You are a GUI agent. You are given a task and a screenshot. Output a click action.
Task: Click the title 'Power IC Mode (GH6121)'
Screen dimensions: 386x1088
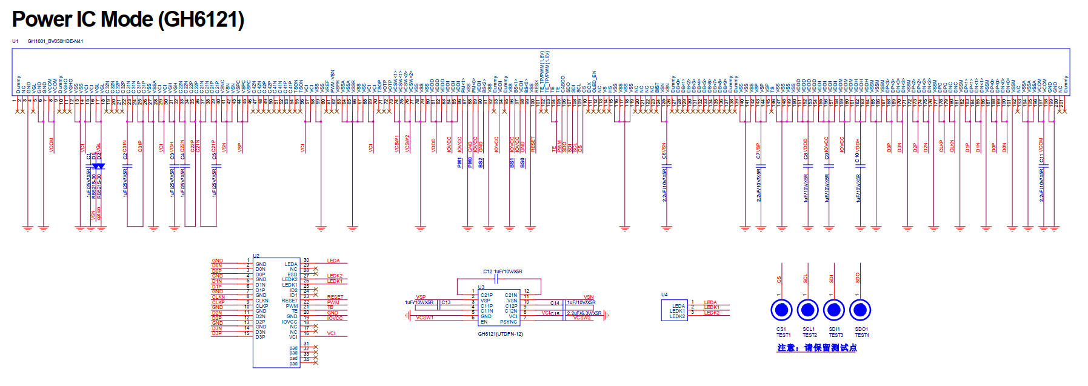pos(128,19)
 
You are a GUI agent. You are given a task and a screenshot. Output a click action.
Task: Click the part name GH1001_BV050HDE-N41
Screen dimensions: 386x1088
pos(55,41)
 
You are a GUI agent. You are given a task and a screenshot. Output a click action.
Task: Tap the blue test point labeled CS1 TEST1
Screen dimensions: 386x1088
pos(781,310)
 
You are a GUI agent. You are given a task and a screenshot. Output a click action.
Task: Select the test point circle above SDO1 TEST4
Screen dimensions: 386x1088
pos(859,310)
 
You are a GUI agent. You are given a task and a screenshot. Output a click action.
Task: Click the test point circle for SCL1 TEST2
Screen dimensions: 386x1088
pos(807,310)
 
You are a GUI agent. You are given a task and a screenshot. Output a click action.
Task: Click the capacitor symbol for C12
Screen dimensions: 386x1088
pos(496,279)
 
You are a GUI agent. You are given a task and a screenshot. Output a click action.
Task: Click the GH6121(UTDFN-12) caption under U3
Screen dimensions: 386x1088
pos(500,334)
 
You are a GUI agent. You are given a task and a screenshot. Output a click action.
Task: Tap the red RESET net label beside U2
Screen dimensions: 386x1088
pos(335,297)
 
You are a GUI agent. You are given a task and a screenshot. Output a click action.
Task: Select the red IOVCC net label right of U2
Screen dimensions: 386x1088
pos(335,318)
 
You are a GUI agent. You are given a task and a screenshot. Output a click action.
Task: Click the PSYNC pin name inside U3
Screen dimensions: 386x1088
pos(509,322)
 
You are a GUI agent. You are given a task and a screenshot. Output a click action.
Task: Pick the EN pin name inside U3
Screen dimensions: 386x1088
pos(484,322)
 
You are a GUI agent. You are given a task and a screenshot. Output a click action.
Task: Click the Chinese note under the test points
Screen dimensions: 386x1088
pos(816,348)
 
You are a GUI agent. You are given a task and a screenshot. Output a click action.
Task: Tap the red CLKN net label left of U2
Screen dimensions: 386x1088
pos(218,297)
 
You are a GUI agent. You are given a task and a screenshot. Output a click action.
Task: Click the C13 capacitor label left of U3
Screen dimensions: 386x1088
pos(446,302)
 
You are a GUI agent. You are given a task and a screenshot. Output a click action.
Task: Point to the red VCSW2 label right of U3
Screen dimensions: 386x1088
pos(582,318)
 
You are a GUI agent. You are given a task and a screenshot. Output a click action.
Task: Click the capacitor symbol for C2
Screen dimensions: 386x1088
pos(127,165)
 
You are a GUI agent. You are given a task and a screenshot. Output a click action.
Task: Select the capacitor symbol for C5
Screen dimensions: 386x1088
pos(216,165)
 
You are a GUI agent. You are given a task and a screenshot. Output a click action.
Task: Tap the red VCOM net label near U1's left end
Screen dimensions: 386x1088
pos(52,145)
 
